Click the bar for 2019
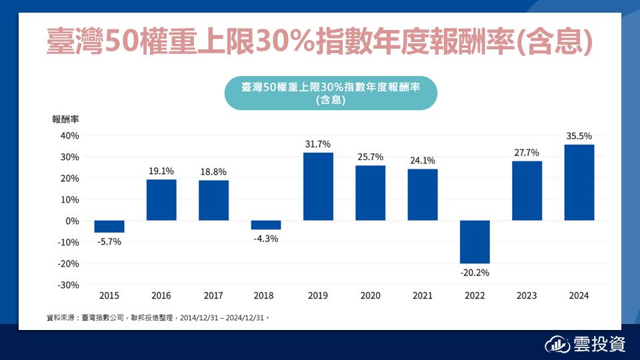coord(318,187)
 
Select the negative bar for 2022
coord(475,242)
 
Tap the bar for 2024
coord(579,183)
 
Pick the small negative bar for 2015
coord(109,227)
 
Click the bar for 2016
coord(161,200)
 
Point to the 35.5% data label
coord(579,135)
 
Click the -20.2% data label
coord(475,272)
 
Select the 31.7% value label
coord(318,144)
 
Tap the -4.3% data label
coord(266,238)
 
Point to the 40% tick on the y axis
coord(69,135)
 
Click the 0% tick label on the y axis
coord(72,221)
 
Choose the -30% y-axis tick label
coord(68,285)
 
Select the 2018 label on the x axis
coord(266,295)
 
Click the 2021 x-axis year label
coord(423,295)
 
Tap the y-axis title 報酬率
coord(66,120)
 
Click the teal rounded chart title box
coord(331,93)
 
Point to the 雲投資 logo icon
coord(558,345)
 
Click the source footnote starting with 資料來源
coord(157,318)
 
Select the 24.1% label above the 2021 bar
coord(423,160)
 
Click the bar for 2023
coord(527,191)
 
